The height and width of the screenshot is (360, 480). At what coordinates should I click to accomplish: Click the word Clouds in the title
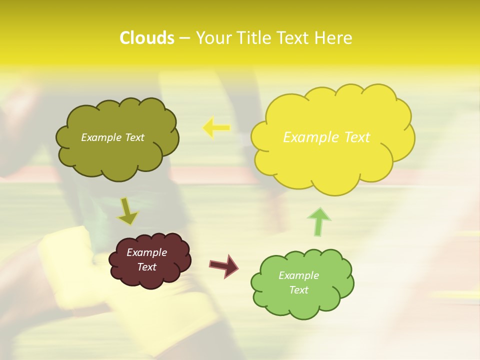click(147, 38)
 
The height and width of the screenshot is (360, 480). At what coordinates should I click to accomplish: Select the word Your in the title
click(214, 38)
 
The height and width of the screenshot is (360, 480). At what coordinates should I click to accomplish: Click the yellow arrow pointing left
click(216, 128)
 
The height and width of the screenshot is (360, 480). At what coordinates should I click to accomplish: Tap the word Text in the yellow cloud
click(356, 137)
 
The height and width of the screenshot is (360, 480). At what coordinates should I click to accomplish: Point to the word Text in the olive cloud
click(134, 137)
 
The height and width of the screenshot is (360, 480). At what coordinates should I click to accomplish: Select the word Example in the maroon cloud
click(146, 252)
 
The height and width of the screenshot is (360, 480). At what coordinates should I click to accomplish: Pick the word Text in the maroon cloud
click(146, 267)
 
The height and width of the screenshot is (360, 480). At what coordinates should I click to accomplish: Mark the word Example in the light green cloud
click(298, 275)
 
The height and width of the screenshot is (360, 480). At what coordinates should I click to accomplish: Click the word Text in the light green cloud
click(298, 290)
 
